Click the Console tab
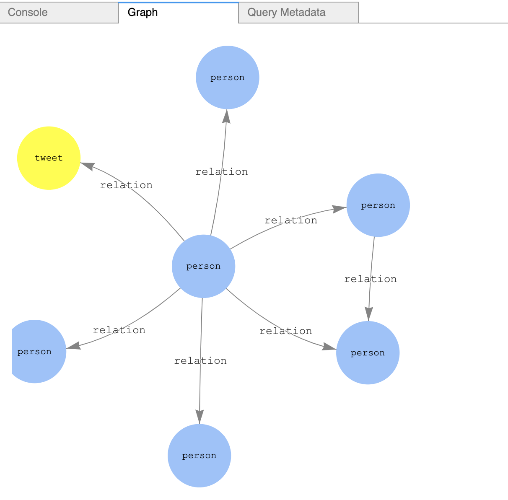[59, 13]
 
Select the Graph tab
[179, 13]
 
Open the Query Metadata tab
[298, 13]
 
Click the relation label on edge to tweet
[126, 185]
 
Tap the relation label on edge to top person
[221, 172]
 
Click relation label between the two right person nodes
[370, 279]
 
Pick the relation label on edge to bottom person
[200, 361]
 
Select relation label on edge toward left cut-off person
[119, 330]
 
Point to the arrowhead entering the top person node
[226, 116]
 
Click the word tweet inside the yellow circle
[49, 158]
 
